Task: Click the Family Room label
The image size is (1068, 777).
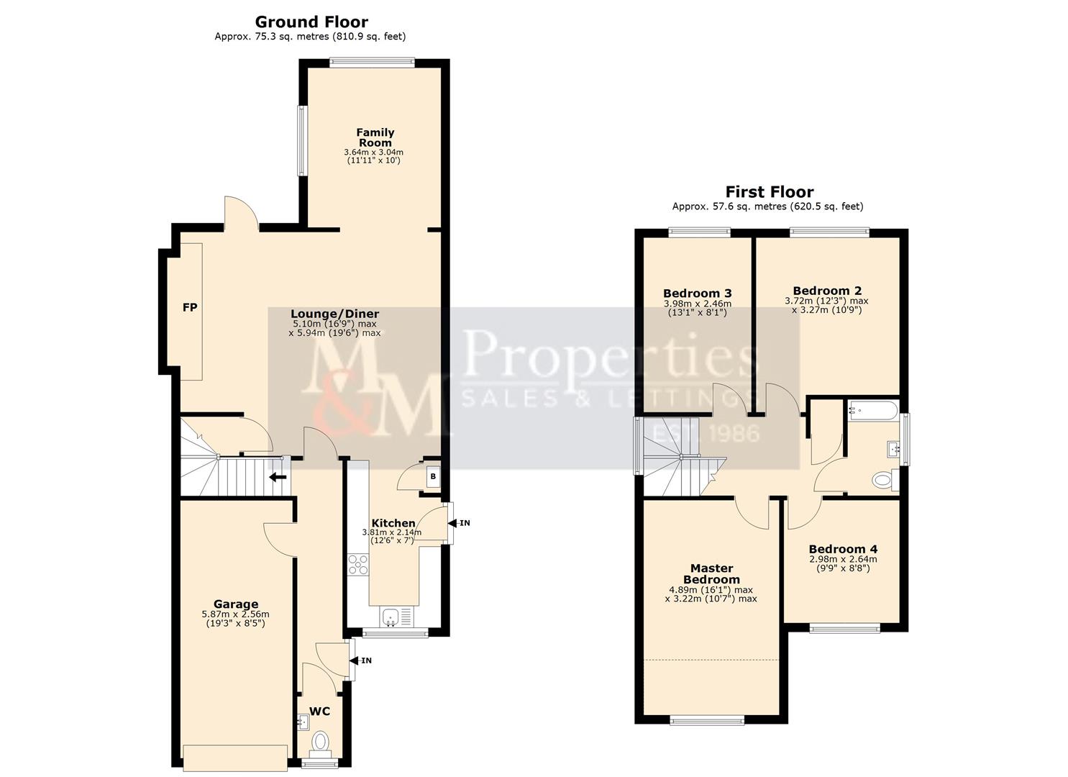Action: [375, 137]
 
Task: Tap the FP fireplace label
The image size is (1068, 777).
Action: [189, 308]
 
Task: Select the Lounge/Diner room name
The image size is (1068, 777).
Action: [334, 314]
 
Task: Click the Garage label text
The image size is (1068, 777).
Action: [235, 604]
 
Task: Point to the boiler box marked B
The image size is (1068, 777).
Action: [432, 476]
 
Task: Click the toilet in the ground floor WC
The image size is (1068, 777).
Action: [320, 740]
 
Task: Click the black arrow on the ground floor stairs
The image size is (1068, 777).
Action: [278, 476]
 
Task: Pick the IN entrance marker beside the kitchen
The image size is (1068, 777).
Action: [465, 523]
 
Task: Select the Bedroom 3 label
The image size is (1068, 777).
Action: [697, 294]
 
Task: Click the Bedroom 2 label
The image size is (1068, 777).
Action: [827, 291]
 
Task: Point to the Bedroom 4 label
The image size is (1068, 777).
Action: [843, 549]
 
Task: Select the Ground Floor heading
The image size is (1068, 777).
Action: [311, 22]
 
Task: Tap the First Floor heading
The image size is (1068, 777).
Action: [769, 192]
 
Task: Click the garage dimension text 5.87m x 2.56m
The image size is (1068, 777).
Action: [235, 614]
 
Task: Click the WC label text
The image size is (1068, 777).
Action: [320, 712]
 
